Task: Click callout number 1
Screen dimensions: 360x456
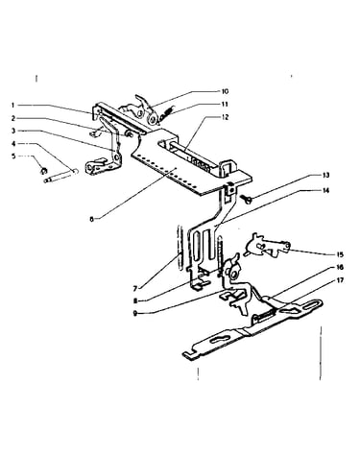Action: click(x=13, y=105)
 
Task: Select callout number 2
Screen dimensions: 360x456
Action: click(x=13, y=118)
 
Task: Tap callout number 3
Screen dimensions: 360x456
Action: click(x=13, y=131)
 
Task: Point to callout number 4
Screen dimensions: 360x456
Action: click(x=13, y=144)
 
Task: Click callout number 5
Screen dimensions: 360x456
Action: click(x=13, y=156)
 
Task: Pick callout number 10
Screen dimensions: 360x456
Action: click(x=225, y=91)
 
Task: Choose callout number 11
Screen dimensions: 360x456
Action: click(x=225, y=105)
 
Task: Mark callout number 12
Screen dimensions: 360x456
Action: click(x=226, y=117)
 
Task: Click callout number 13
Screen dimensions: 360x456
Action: click(x=325, y=176)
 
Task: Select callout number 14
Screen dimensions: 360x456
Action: click(x=325, y=191)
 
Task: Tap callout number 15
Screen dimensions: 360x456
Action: click(x=340, y=254)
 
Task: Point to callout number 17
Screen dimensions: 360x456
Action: click(x=340, y=280)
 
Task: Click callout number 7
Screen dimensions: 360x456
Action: click(x=135, y=289)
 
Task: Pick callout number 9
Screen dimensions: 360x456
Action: click(x=135, y=314)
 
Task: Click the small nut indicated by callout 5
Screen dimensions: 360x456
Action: click(x=44, y=170)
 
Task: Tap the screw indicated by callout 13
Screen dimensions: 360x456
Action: click(x=248, y=200)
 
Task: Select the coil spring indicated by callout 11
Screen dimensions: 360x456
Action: click(x=167, y=113)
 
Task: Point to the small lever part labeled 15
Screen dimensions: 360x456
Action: click(x=267, y=246)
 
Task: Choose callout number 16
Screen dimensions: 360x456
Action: click(x=340, y=267)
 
